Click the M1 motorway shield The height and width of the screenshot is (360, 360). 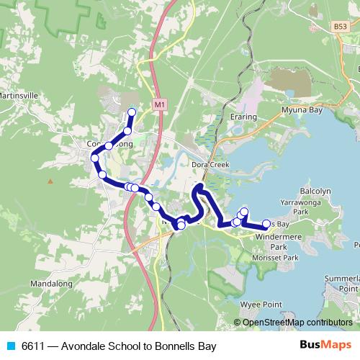click(x=160, y=104)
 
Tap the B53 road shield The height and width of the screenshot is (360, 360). click(x=340, y=26)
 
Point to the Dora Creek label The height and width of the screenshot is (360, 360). click(x=210, y=164)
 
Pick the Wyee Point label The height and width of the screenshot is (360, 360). click(x=261, y=305)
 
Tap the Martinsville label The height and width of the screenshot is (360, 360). click(x=15, y=94)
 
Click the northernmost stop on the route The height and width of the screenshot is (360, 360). click(x=132, y=112)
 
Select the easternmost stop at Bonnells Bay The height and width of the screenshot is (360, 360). click(x=266, y=223)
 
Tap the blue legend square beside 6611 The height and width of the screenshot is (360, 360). click(x=11, y=346)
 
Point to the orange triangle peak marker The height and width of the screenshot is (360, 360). click(x=50, y=181)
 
